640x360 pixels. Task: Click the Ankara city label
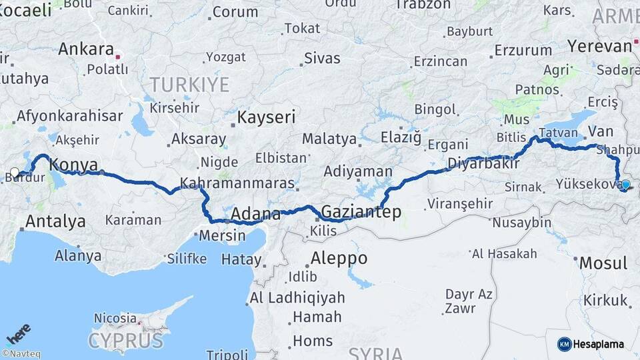click(86, 49)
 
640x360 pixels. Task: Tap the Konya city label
click(74, 165)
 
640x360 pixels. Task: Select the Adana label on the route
click(256, 215)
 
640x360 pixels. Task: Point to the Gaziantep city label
click(361, 212)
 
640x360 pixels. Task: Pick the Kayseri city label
click(266, 118)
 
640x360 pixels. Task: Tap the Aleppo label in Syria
click(339, 258)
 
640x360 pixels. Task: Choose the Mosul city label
click(603, 263)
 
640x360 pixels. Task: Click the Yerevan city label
click(599, 46)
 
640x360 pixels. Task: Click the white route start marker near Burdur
click(15, 173)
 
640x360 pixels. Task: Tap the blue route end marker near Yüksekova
click(625, 185)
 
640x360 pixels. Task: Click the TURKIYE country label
click(189, 85)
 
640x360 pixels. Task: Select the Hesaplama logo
click(591, 344)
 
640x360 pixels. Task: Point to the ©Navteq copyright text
click(21, 354)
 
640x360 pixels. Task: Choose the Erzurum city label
click(524, 50)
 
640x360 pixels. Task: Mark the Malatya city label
click(329, 139)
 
